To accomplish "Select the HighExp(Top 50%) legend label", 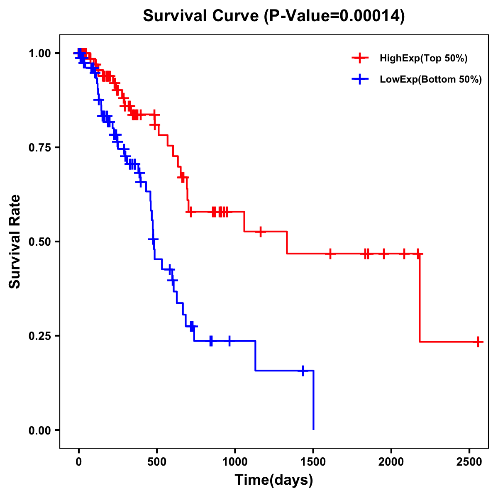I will tap(423, 59).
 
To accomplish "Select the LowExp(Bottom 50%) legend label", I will tap(431, 80).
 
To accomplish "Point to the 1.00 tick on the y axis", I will tap(39, 54).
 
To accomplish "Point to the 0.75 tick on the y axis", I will tap(39, 148).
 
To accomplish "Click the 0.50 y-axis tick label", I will tap(39, 242).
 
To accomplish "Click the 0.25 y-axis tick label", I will tap(39, 336).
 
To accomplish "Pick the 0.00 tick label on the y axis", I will tap(39, 430).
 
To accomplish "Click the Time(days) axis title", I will tap(274, 480).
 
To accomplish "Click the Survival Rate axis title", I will tap(15, 242).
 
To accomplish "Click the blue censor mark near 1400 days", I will tap(303, 371).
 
